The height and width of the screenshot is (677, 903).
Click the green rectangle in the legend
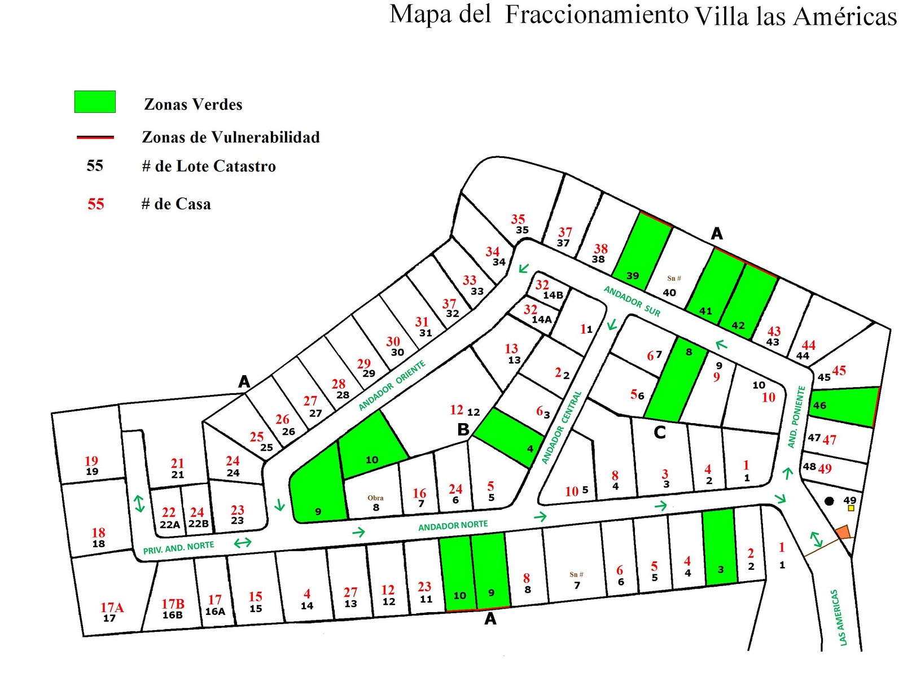(95, 102)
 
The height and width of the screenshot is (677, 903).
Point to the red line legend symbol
(95, 137)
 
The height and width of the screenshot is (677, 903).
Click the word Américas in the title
(845, 16)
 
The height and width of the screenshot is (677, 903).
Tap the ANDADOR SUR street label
(632, 301)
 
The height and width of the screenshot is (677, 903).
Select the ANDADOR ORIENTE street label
(392, 385)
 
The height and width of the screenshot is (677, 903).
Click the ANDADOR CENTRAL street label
(561, 427)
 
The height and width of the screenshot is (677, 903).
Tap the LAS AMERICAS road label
(839, 617)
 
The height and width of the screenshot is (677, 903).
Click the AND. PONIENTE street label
(796, 416)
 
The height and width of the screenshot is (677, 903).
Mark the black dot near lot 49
(829, 501)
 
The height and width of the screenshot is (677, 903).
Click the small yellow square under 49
(851, 508)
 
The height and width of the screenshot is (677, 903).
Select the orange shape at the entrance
(843, 532)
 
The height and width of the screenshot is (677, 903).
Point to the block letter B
(463, 430)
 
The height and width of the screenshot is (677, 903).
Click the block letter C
(660, 433)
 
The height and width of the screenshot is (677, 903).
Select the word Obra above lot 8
(375, 498)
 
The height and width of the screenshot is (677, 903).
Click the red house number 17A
(112, 607)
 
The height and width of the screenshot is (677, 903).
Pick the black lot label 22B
(198, 524)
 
